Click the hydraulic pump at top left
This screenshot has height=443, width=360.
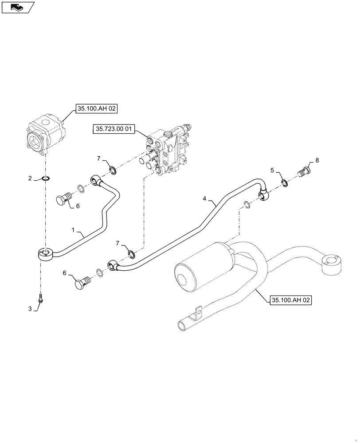tap(45, 135)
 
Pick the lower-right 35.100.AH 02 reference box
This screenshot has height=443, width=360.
tap(290, 300)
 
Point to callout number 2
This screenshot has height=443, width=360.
tap(30, 179)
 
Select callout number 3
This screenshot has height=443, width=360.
tap(30, 309)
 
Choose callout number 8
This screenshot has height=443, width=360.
tap(316, 159)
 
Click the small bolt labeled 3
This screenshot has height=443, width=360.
tap(41, 299)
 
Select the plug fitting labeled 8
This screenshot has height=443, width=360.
tap(304, 171)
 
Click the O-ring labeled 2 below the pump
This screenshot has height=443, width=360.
tap(45, 179)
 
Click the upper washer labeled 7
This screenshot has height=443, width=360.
tap(113, 170)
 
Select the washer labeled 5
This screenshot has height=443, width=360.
tap(284, 183)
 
